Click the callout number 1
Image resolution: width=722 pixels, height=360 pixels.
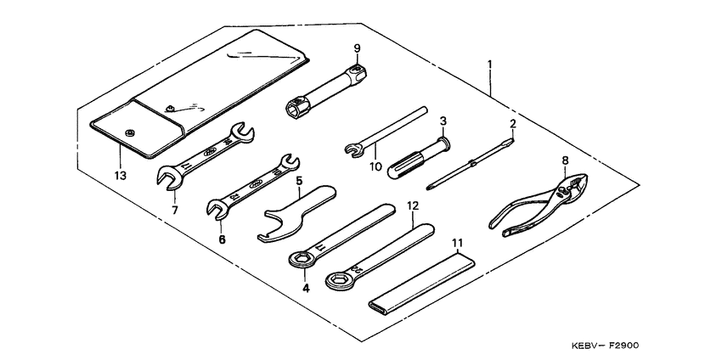(x=490, y=65)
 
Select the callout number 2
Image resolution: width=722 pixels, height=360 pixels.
(x=512, y=124)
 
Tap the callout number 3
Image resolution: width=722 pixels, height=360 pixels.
(x=443, y=122)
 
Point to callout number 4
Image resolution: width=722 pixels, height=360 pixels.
(x=306, y=288)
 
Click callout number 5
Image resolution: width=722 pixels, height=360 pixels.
(x=299, y=180)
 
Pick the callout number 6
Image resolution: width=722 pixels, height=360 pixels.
(x=222, y=239)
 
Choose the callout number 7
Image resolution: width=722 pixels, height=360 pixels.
(x=175, y=209)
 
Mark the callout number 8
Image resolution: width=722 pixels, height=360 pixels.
(x=564, y=159)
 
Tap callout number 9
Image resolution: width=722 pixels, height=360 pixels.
(x=358, y=48)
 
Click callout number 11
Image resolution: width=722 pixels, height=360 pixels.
(x=459, y=243)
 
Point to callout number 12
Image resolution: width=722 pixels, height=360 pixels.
(x=412, y=205)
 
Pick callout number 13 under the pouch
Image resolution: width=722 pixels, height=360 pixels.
(x=120, y=176)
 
